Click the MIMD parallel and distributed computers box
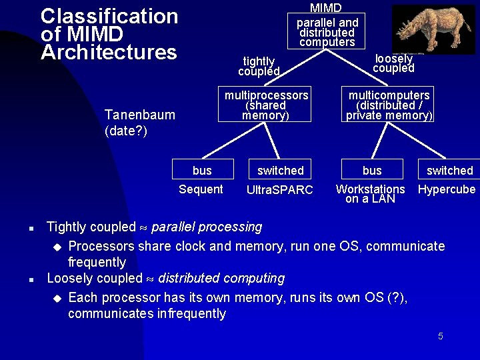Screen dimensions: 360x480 coord(327,30)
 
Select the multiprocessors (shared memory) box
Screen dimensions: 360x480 coord(266,105)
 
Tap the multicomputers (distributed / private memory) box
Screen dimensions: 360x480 coord(389,105)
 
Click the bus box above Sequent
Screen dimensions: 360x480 coord(202,170)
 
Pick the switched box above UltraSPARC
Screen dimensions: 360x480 coord(280,170)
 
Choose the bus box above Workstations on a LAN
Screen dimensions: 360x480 coord(372,170)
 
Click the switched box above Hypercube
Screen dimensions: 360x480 coord(449,170)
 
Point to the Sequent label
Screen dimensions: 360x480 coord(201,189)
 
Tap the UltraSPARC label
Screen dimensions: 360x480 coord(279,190)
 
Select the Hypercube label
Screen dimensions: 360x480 coord(447,189)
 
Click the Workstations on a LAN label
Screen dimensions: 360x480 coord(370,194)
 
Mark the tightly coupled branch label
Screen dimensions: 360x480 coord(258,66)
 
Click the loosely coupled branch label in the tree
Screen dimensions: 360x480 coord(393,63)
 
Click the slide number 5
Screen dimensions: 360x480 coord(441,336)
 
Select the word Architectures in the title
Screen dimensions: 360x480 coord(109,52)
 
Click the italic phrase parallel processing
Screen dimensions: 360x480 coord(207,227)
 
